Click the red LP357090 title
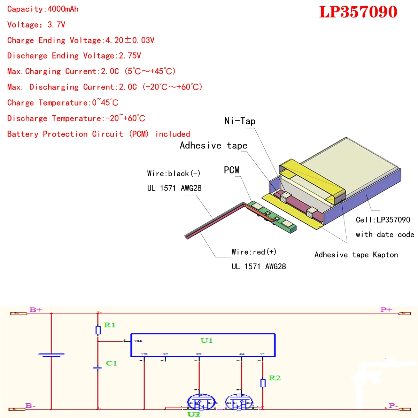click(358, 12)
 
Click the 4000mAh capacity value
click(63, 9)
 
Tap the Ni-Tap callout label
click(240, 121)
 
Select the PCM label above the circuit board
click(232, 170)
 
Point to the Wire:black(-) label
click(173, 173)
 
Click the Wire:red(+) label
click(254, 252)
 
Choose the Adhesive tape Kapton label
click(356, 255)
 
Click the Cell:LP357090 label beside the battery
click(383, 220)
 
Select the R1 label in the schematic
click(109, 325)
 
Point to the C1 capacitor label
click(111, 363)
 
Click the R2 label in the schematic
click(274, 378)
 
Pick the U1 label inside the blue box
click(206, 340)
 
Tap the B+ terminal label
click(36, 310)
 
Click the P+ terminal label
click(386, 310)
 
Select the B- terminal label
click(31, 406)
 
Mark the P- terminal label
click(393, 406)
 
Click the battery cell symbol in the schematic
click(51, 355)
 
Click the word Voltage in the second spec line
click(23, 25)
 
